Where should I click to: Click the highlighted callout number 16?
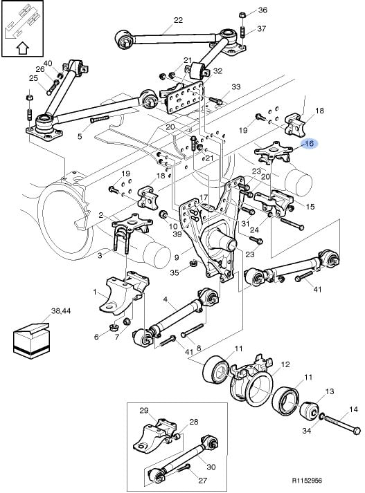[310, 144]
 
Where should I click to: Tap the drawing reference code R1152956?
[307, 481]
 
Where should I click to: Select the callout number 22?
[178, 20]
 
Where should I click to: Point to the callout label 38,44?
[61, 311]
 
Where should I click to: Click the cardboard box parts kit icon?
[31, 340]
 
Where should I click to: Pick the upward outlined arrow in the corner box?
[22, 48]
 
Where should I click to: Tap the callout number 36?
[262, 10]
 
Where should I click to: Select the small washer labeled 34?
[321, 417]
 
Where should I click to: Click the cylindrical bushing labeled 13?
[310, 411]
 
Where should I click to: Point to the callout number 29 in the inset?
[143, 410]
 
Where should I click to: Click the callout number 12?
[285, 364]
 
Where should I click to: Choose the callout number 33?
[236, 86]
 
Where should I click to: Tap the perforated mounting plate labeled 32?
[184, 98]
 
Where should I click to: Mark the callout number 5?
[80, 136]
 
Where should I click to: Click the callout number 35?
[175, 272]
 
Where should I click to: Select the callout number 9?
[177, 257]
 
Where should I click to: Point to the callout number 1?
[95, 292]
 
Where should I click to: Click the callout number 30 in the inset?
[211, 467]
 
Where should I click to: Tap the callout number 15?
[310, 207]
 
